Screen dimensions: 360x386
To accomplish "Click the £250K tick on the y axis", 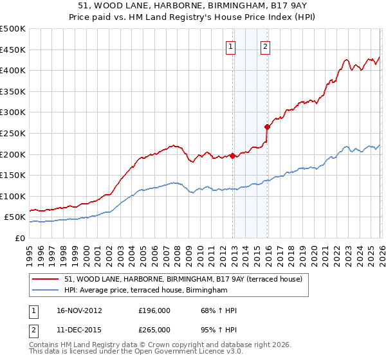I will pos(13,133).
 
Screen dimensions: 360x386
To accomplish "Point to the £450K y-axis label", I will pos(13,50).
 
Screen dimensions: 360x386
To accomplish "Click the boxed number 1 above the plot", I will pos(230,46).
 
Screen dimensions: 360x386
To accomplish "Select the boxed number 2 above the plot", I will pos(265,46).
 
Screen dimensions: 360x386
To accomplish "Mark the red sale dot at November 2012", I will pos(232,155).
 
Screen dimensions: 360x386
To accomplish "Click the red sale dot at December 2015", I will pos(267,127).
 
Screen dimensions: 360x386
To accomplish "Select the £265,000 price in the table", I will pos(154,329).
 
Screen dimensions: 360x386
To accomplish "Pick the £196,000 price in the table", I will pos(154,310).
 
